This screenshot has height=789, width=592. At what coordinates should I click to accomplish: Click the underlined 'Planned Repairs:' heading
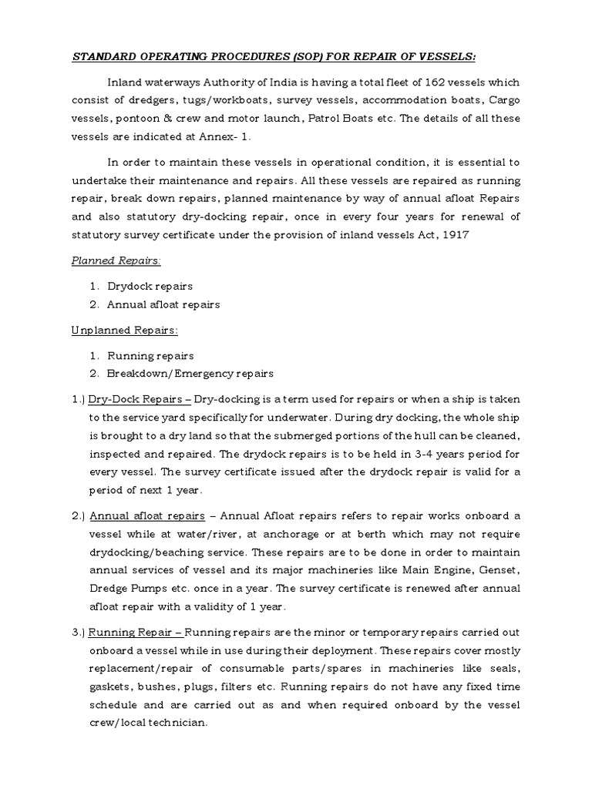point(116,260)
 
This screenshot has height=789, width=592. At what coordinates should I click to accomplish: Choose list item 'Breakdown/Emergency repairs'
point(190,373)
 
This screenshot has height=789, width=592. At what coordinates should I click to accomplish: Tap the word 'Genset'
point(501,570)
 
